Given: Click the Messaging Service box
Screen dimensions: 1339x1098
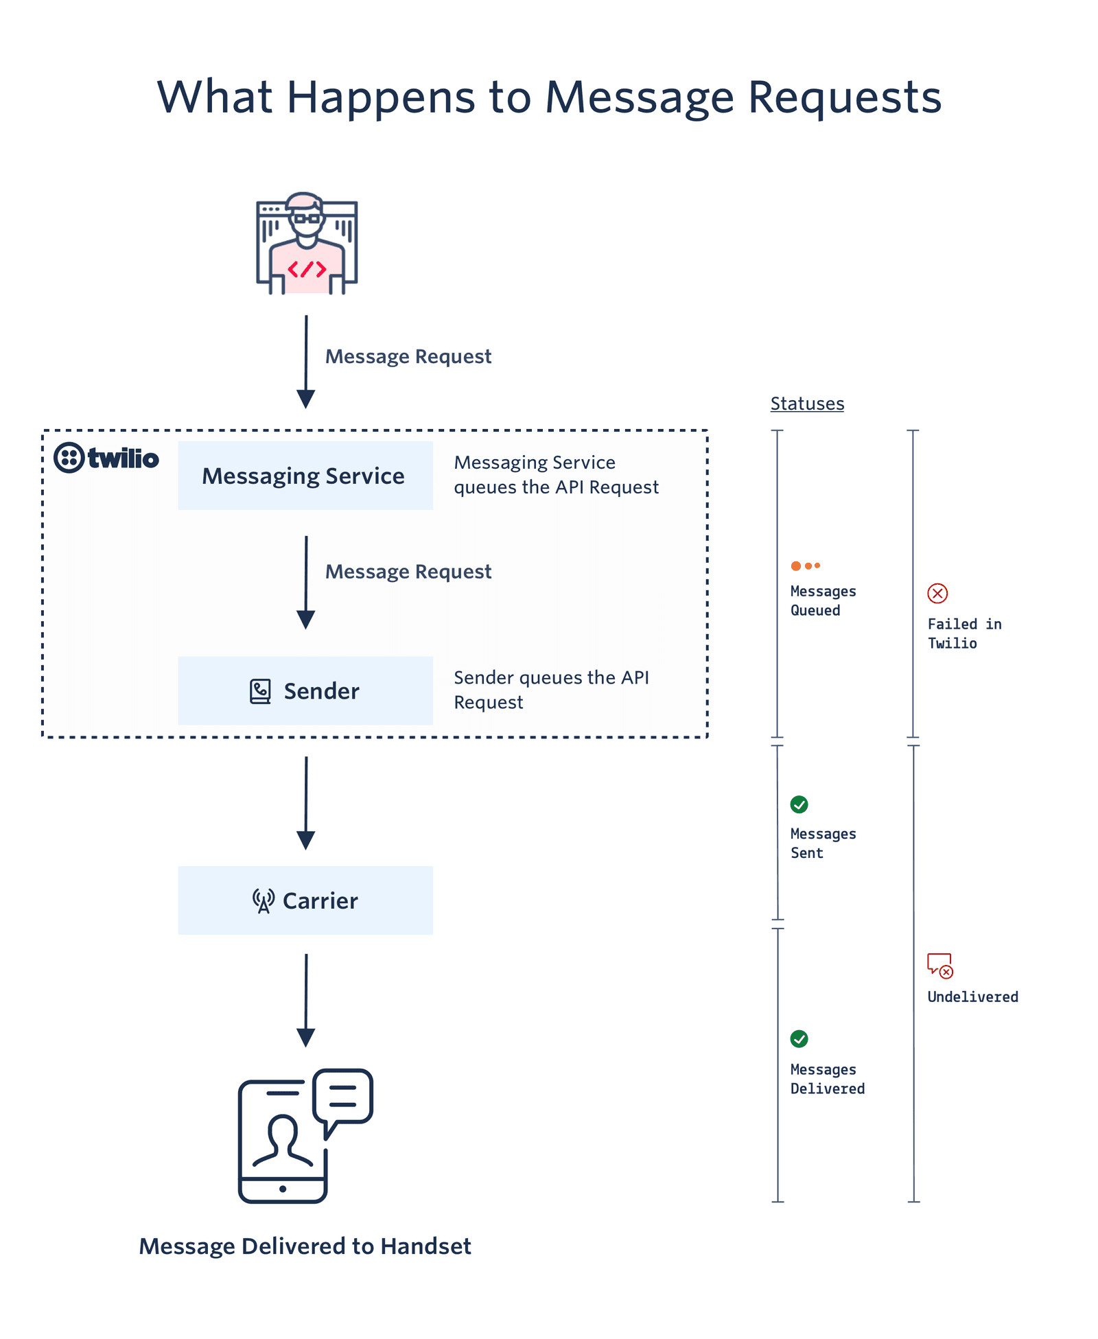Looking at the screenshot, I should coord(305,476).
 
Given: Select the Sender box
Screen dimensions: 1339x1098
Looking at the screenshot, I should coord(305,690).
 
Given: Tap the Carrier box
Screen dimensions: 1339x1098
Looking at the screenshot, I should coord(305,900).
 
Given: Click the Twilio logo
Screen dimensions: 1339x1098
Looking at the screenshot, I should coord(106,458).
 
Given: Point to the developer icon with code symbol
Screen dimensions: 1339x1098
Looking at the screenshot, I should coord(307,244).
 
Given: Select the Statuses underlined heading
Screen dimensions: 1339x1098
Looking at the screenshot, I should coord(807,404).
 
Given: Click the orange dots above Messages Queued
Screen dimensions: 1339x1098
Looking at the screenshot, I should coord(805,566).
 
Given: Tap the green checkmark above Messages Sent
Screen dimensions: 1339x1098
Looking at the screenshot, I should coord(799,804).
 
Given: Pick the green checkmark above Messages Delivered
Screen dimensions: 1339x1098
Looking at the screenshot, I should coord(799,1038).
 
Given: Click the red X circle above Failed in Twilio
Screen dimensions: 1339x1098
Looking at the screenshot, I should coord(937,593).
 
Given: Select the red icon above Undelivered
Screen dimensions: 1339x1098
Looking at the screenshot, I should coord(939,965).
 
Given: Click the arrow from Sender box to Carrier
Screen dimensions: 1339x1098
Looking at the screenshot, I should coord(306,803).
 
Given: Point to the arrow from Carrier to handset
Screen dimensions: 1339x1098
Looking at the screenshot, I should coord(306,999).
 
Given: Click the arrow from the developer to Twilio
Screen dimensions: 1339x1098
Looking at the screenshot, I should coord(306,362).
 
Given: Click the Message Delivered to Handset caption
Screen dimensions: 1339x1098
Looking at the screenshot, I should coord(305,1246).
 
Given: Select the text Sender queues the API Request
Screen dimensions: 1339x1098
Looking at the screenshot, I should coord(551,690).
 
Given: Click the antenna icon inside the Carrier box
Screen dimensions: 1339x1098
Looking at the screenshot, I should coord(263,900).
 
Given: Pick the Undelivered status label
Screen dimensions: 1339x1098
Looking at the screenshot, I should coord(972,997).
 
